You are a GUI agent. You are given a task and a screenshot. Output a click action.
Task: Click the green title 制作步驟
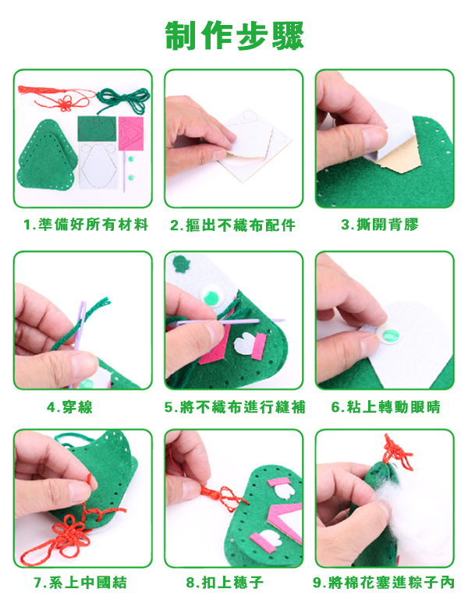point(234,35)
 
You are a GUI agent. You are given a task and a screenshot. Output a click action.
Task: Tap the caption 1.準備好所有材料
point(86,225)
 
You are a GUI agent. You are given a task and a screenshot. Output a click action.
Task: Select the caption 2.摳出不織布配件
point(233,225)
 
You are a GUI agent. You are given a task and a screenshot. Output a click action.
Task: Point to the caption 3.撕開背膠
point(380,225)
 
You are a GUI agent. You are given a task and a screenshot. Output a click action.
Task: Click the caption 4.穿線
point(69,407)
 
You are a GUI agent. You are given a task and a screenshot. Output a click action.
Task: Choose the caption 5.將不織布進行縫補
point(235,407)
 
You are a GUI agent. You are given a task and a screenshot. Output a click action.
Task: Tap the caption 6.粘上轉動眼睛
point(385,407)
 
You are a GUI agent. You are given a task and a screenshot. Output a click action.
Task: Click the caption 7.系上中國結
point(80,583)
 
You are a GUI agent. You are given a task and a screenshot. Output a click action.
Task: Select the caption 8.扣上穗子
point(225,583)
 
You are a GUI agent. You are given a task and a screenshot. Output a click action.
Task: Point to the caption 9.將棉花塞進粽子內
point(384,583)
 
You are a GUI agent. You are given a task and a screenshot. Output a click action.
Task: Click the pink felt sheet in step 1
point(131,133)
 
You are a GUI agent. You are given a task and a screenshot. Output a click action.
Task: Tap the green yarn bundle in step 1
point(122,100)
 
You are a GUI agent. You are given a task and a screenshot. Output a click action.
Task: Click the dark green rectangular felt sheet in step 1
point(97,129)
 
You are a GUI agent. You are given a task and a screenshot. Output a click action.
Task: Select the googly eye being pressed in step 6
point(389,335)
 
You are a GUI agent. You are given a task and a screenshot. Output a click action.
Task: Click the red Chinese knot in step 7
point(68,533)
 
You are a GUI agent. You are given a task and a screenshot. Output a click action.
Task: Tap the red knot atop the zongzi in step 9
point(396,453)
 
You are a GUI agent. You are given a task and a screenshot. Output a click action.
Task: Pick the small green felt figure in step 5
point(181,264)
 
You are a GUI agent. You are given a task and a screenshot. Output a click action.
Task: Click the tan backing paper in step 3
point(400,156)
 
